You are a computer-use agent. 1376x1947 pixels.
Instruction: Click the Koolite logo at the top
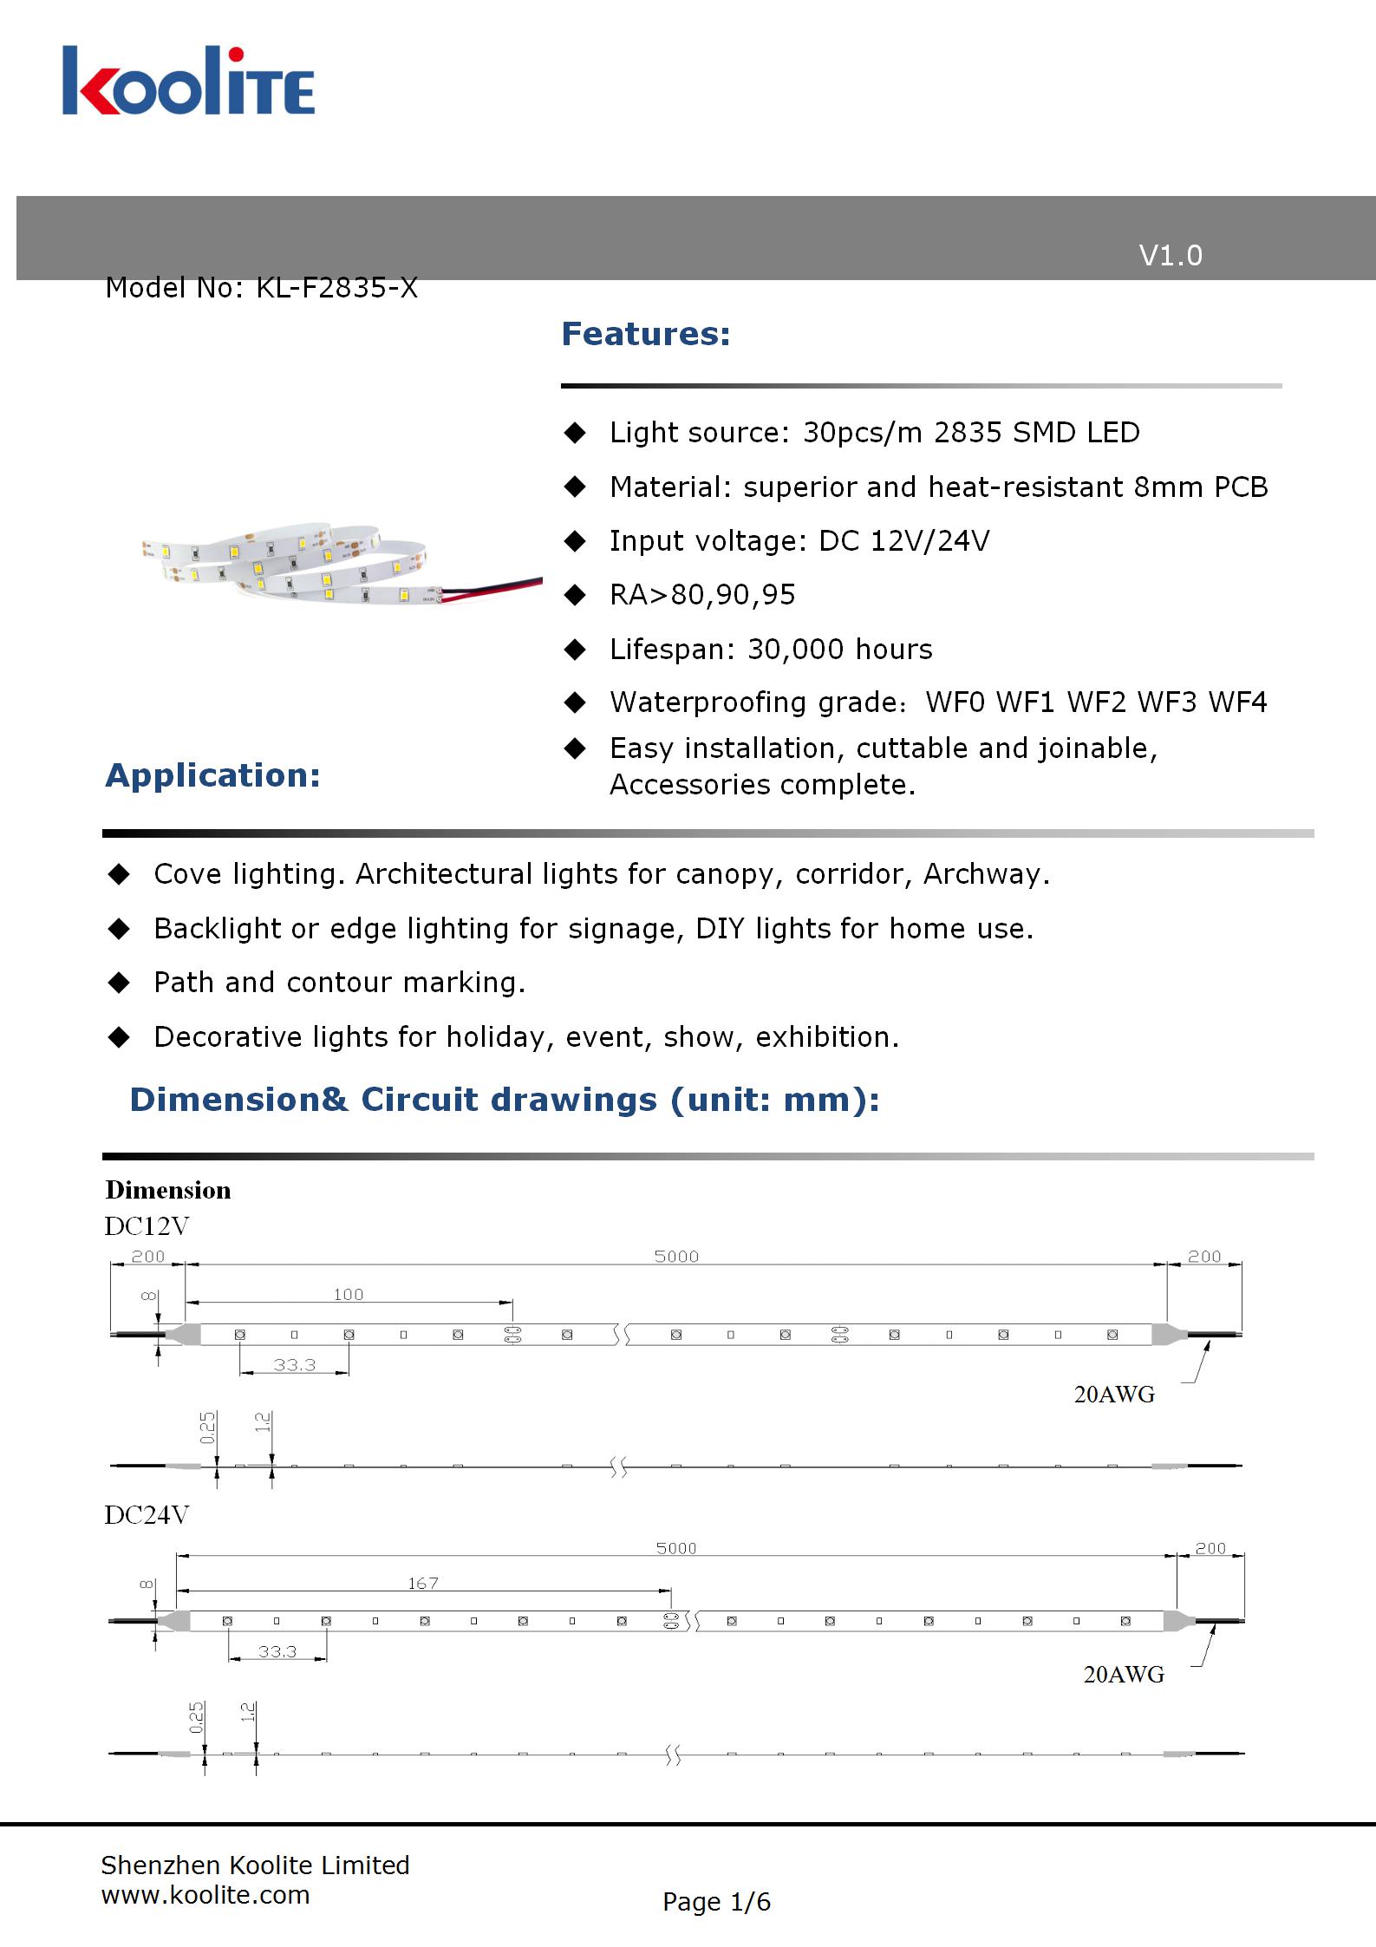click(188, 82)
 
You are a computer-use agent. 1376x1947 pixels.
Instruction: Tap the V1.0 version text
click(1170, 256)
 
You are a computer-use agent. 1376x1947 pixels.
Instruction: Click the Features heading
click(646, 334)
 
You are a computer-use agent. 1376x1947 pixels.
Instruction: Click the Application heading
click(212, 775)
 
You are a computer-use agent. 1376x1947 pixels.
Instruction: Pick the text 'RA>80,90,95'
click(702, 595)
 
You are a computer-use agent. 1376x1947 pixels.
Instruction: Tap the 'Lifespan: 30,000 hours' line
click(771, 650)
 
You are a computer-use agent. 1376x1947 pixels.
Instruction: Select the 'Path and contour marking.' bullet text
click(339, 983)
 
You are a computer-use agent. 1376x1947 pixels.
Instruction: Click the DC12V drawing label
click(147, 1226)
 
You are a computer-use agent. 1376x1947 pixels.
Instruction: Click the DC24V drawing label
click(147, 1515)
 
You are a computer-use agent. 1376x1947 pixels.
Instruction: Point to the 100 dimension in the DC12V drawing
click(349, 1295)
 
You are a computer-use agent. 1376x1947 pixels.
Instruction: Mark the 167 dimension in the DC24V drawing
click(423, 1584)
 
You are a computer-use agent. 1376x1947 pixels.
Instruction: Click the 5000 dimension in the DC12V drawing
click(676, 1257)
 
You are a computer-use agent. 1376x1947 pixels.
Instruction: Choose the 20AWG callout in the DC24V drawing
click(1124, 1675)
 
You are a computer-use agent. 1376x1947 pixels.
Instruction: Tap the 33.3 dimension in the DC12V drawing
click(295, 1365)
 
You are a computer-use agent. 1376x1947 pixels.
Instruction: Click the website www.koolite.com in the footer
click(205, 1895)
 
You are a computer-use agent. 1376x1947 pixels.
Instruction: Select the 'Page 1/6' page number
click(716, 1902)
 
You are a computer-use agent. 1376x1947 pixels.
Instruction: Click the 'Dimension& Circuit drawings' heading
click(505, 1100)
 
